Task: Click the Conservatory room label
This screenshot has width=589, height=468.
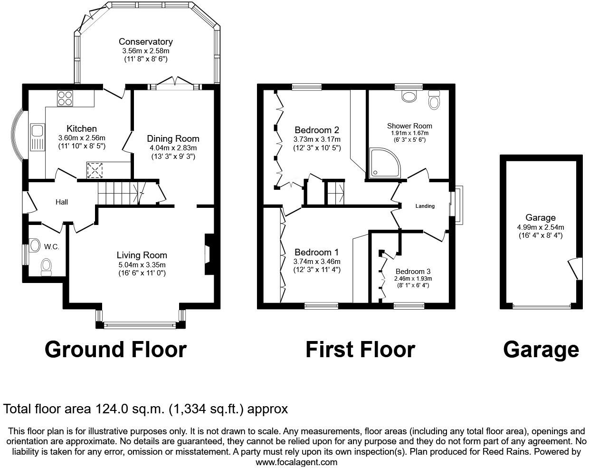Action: [x=145, y=42]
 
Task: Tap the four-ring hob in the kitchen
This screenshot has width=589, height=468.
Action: [x=65, y=97]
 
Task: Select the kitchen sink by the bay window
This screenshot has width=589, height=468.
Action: [x=37, y=136]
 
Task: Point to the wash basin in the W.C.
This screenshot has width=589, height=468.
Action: [x=34, y=245]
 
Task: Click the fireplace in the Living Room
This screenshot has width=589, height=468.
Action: [x=209, y=254]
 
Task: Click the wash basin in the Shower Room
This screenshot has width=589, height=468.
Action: [x=408, y=97]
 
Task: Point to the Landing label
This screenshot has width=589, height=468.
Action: [x=425, y=206]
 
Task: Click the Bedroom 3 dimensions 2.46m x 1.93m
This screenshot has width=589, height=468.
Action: [x=413, y=279]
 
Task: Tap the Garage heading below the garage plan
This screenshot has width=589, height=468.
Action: [x=541, y=350]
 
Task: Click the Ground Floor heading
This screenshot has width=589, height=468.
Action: [x=115, y=350]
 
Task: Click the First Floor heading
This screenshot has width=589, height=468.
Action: [x=360, y=350]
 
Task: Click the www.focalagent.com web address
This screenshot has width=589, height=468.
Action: [x=297, y=462]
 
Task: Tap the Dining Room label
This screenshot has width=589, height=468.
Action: [x=173, y=139]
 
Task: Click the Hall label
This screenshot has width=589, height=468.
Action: [x=62, y=202]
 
